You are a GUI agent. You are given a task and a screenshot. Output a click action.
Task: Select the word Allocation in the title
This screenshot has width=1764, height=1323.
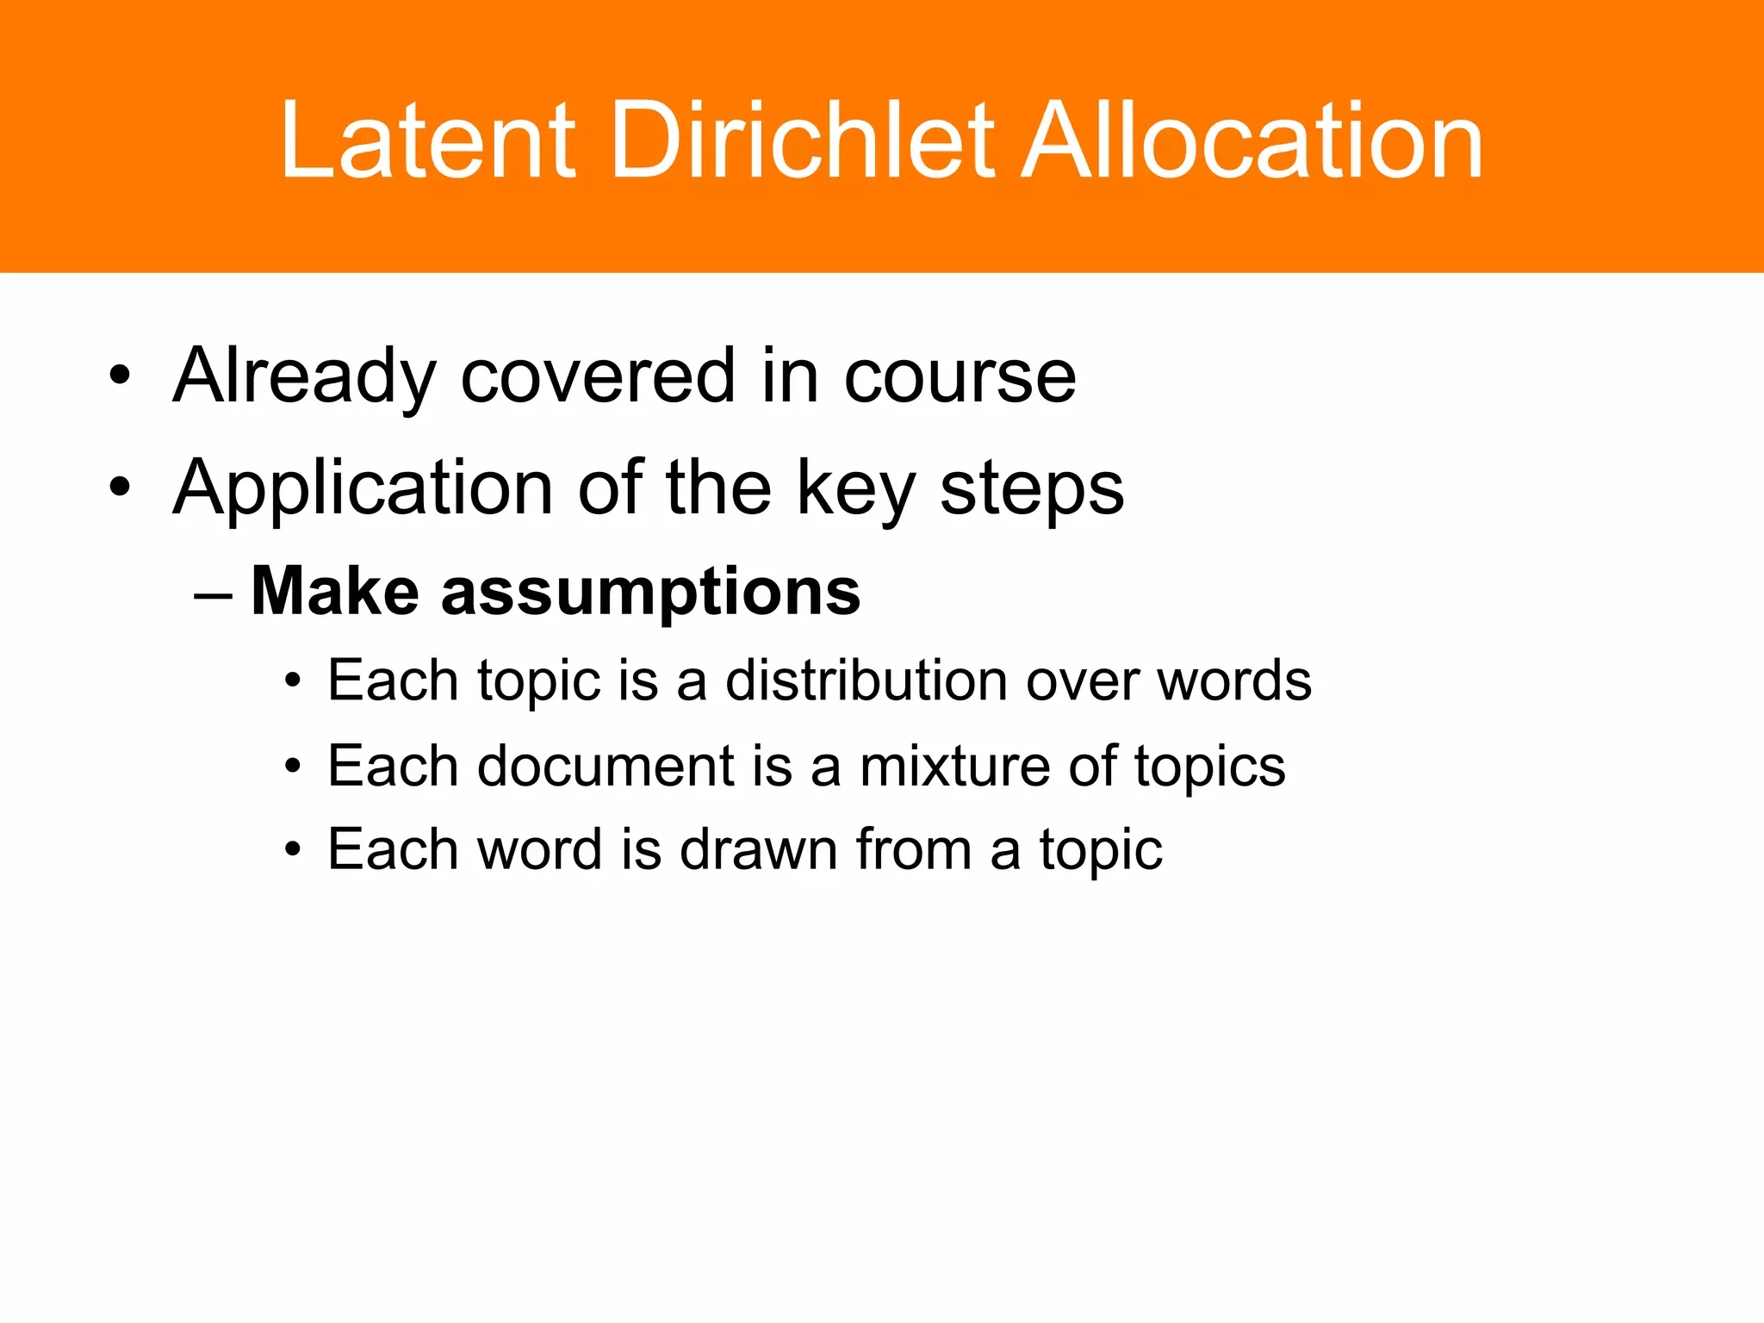click(1252, 140)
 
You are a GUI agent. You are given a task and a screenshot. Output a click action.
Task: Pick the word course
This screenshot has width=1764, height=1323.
click(960, 376)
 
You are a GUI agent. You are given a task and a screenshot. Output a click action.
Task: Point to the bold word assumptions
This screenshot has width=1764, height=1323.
click(650, 592)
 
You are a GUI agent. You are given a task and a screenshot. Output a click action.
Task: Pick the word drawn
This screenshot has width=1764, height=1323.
click(758, 849)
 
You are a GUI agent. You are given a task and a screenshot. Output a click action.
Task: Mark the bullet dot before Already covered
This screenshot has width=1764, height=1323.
click(120, 376)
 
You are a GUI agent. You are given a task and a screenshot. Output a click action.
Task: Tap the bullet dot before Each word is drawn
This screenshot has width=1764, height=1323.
click(294, 850)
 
